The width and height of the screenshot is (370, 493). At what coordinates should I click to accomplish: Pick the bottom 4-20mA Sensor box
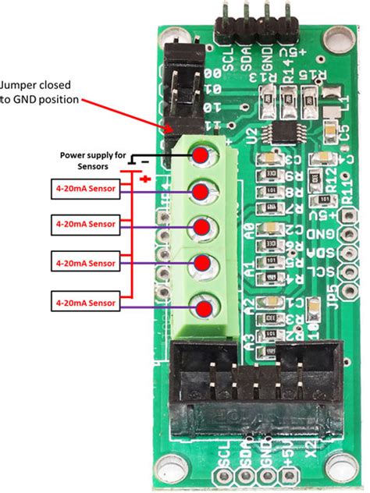[x=85, y=301]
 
